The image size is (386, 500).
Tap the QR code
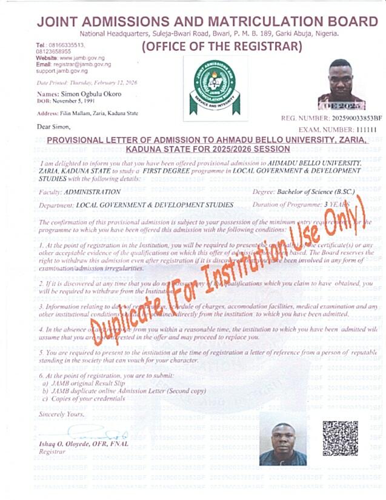coord(339,438)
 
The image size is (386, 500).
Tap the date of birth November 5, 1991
coord(81,101)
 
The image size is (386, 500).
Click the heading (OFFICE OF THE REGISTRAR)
coord(221,47)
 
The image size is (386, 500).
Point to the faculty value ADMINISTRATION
coord(92,192)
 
